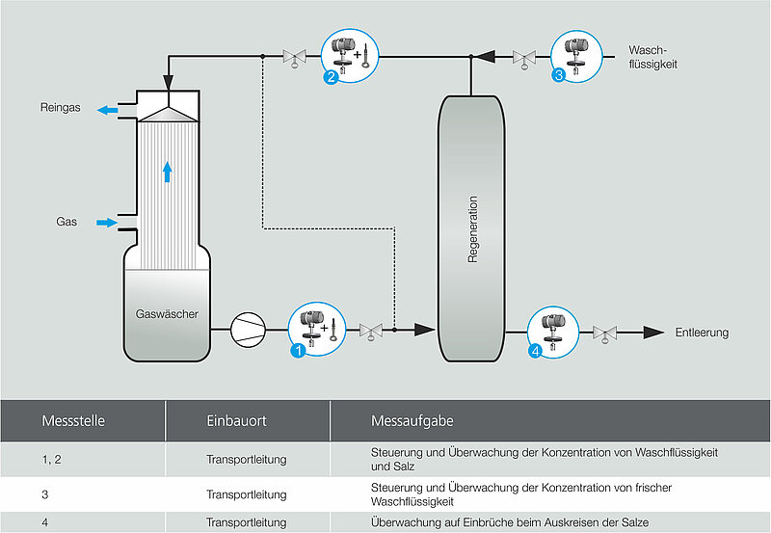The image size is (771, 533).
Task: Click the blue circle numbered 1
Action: coord(298,351)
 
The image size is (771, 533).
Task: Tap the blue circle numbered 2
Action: coord(331,77)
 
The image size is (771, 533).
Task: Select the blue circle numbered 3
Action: coord(559,75)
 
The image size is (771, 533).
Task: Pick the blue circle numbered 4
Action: coord(536,351)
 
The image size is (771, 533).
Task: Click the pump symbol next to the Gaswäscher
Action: coord(248,330)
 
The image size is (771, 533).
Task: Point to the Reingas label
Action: coord(61,107)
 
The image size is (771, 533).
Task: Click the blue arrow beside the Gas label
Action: coord(107,223)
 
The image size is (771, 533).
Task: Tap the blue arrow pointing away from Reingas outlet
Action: coord(108,110)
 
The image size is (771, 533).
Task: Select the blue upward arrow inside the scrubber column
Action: coord(168,173)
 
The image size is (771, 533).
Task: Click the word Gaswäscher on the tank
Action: coord(167,313)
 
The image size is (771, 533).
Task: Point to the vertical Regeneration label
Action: coord(472,229)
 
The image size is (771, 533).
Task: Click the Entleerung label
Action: coord(702,333)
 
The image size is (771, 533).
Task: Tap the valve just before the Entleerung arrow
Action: coord(605,333)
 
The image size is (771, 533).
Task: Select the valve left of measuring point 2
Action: coord(295,58)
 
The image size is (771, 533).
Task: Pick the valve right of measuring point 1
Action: coord(371,332)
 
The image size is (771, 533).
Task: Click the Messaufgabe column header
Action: coord(412,421)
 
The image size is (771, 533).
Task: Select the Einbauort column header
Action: coord(236,421)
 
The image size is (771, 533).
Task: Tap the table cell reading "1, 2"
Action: coord(52,459)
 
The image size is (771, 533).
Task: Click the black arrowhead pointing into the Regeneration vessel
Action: coord(425,330)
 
